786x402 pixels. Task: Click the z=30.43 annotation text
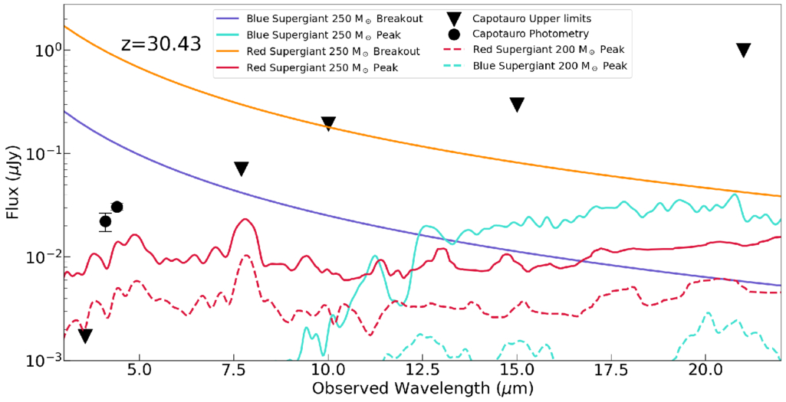(x=161, y=44)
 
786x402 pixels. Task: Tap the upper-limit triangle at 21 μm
(x=743, y=50)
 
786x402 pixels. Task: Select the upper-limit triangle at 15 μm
(x=517, y=104)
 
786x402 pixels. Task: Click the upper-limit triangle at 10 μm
(x=328, y=123)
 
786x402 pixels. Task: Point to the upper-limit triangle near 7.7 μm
(x=242, y=168)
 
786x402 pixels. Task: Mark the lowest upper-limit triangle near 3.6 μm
(x=85, y=335)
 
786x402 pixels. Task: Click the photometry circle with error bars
(x=106, y=221)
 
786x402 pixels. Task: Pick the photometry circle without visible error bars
(x=117, y=207)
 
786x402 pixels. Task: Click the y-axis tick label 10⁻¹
(x=40, y=154)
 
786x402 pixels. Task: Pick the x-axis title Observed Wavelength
(x=423, y=388)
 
